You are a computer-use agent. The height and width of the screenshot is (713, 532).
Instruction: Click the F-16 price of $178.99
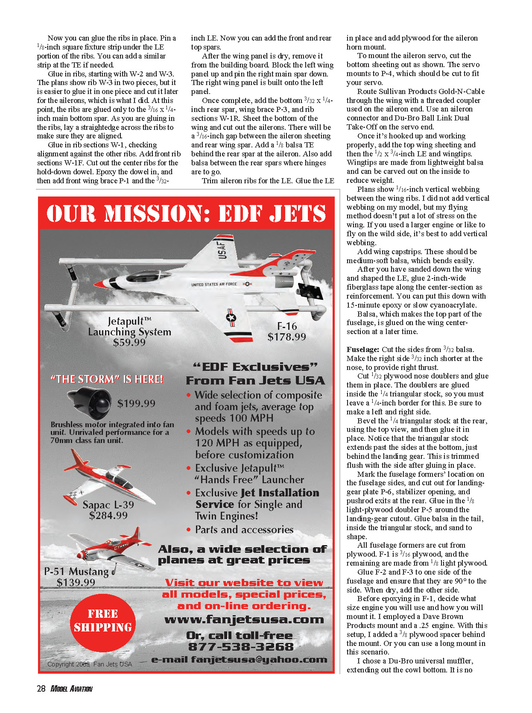[286, 337]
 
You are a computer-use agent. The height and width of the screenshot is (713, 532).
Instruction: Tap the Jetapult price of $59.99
[129, 343]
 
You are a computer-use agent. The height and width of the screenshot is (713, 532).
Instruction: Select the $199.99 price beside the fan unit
[136, 404]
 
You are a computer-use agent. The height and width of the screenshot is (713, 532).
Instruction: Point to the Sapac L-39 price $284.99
[108, 516]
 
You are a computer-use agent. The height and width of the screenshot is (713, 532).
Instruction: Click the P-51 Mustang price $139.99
[76, 583]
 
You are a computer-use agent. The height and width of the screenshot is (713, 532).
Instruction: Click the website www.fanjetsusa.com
[244, 619]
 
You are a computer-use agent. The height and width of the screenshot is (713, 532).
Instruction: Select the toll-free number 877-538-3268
[241, 647]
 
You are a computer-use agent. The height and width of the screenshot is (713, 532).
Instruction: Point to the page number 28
[41, 689]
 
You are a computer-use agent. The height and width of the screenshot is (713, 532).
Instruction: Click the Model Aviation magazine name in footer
[71, 689]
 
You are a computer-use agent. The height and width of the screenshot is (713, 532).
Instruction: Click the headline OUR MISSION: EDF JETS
[186, 214]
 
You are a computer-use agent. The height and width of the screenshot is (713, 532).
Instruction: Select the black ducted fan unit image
[90, 403]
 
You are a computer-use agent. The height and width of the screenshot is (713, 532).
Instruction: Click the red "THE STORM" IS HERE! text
[107, 379]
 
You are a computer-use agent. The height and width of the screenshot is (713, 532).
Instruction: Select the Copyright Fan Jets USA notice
[90, 664]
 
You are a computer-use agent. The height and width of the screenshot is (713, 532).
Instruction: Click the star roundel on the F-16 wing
[231, 317]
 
